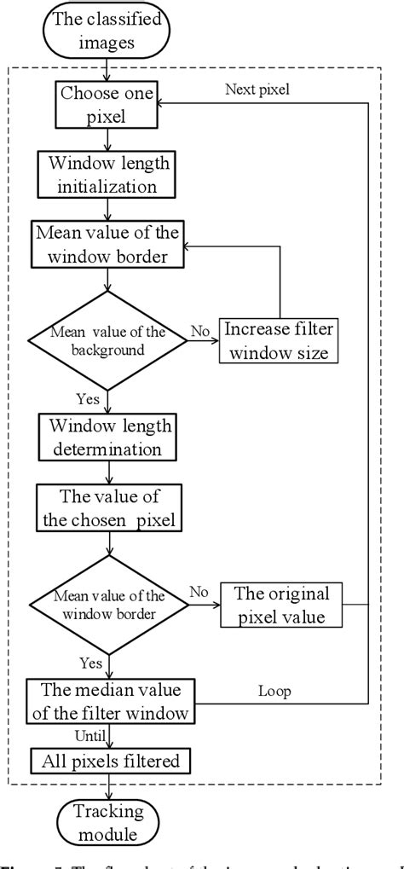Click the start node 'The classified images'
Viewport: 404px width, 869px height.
(106, 29)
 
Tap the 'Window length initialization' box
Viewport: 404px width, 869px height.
(106, 174)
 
